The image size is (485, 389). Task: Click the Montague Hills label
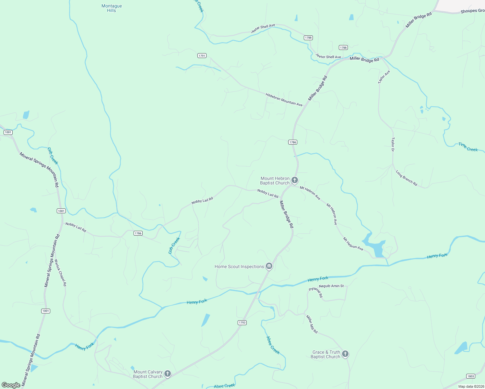112,8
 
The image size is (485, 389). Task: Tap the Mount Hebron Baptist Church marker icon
294,180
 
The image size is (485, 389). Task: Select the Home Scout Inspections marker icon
269,266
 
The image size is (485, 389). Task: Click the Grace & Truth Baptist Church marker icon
345,354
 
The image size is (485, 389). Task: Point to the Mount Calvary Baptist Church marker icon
167,373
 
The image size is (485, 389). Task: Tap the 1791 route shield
202,56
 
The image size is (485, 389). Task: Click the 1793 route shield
242,323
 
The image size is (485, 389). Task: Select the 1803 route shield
471,376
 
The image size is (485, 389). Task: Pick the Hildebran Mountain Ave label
284,100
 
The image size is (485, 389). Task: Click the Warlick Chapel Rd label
61,273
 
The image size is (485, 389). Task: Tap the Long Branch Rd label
407,178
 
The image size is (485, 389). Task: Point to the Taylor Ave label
384,77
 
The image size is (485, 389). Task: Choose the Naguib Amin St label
331,286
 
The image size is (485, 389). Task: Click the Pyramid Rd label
315,292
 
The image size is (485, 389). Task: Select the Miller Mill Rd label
312,324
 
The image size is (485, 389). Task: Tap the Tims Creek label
468,147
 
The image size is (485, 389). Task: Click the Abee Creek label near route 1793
273,345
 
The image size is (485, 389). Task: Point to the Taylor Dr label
393,145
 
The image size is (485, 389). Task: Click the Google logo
11,385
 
